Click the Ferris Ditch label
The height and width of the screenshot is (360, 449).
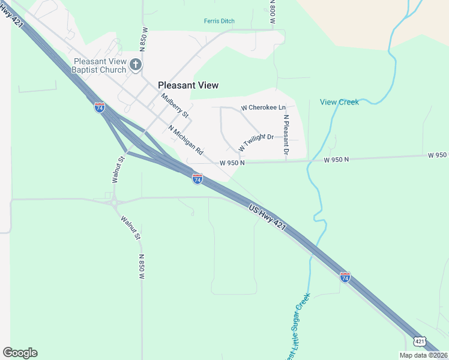[219, 21]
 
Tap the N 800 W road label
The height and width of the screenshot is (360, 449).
[272, 12]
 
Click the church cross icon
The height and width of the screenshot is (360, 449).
[136, 64]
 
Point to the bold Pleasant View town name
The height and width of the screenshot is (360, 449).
[188, 85]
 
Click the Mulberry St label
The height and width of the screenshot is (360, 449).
[175, 106]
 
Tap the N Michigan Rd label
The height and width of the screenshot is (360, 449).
[186, 140]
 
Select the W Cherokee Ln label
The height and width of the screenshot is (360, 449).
[264, 108]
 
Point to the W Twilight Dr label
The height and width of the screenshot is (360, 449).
[256, 142]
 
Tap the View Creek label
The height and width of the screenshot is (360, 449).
[339, 102]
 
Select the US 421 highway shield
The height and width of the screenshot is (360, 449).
[420, 341]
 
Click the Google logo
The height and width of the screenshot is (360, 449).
[20, 353]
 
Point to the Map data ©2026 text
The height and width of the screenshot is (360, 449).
[424, 355]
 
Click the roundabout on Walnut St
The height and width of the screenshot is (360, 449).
[113, 202]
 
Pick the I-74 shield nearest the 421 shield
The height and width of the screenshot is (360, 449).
[345, 277]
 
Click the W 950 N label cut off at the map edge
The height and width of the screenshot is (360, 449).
[438, 155]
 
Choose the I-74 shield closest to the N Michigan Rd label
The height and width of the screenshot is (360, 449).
[197, 179]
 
